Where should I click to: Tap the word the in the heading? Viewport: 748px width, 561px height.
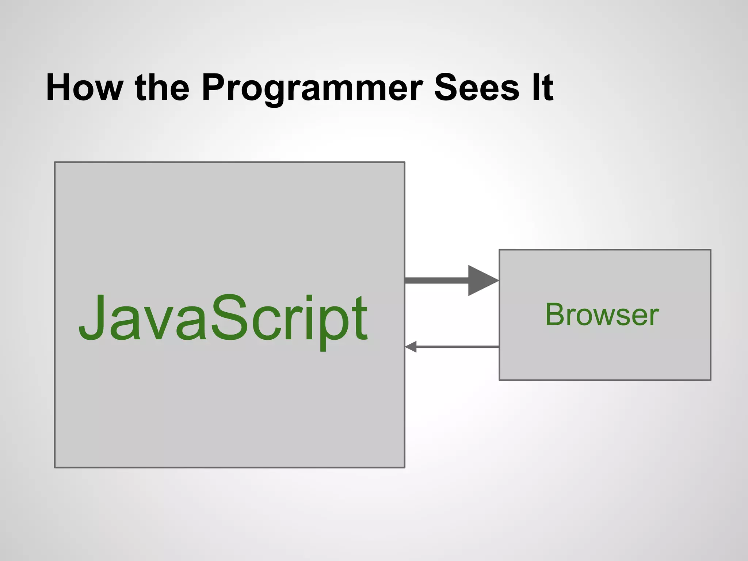point(162,88)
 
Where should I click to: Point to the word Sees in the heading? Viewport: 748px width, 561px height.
point(476,88)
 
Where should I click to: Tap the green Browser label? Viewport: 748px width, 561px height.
point(602,315)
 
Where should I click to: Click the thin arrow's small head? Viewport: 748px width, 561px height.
point(411,347)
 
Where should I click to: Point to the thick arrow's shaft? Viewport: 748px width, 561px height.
point(436,280)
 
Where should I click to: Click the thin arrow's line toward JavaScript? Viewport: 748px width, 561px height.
point(457,347)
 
